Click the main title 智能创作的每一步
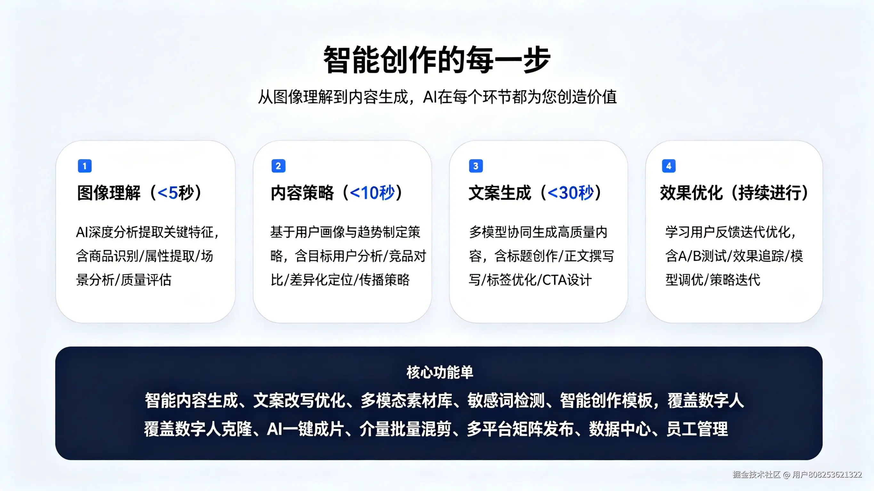pyautogui.click(x=437, y=60)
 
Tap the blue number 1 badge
pyautogui.click(x=85, y=166)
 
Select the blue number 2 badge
pyautogui.click(x=278, y=166)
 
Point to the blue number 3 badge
pyautogui.click(x=476, y=166)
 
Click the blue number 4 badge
pyautogui.click(x=669, y=166)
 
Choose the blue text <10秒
pyautogui.click(x=372, y=193)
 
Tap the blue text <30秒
pyautogui.click(x=571, y=193)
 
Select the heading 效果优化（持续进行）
pyautogui.click(x=734, y=193)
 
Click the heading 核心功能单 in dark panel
pyautogui.click(x=440, y=372)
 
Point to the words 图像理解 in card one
pyautogui.click(x=109, y=193)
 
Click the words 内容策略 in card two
pyautogui.click(x=302, y=193)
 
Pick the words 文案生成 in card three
pyautogui.click(x=500, y=193)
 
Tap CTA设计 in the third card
pyautogui.click(x=567, y=280)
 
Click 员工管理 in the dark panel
pyautogui.click(x=697, y=429)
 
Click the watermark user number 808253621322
pyautogui.click(x=835, y=474)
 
